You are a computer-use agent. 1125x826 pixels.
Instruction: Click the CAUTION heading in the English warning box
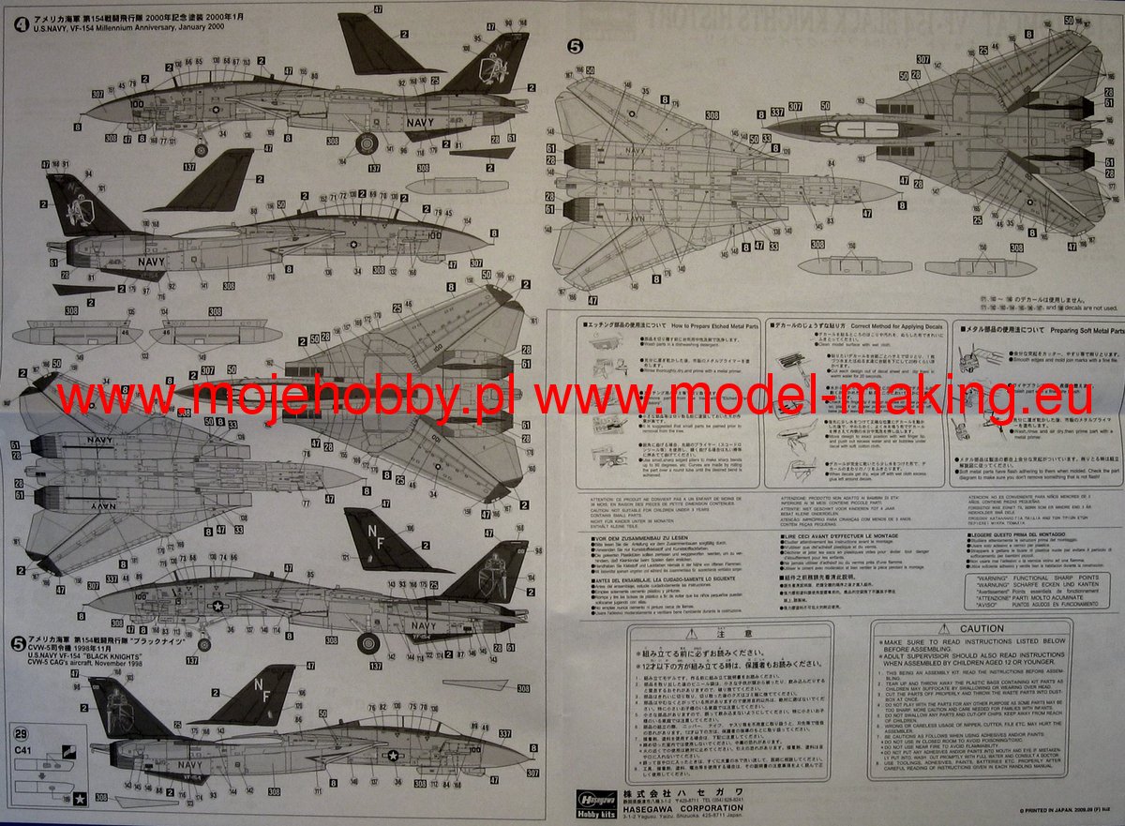[x=982, y=628]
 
